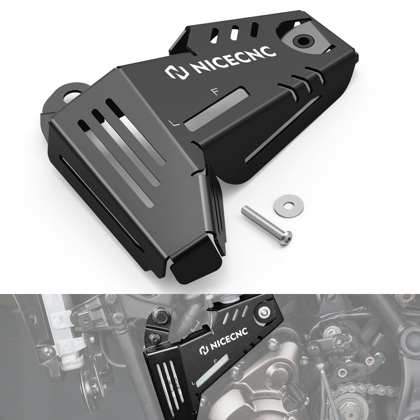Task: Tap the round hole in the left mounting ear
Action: point(72,95)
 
